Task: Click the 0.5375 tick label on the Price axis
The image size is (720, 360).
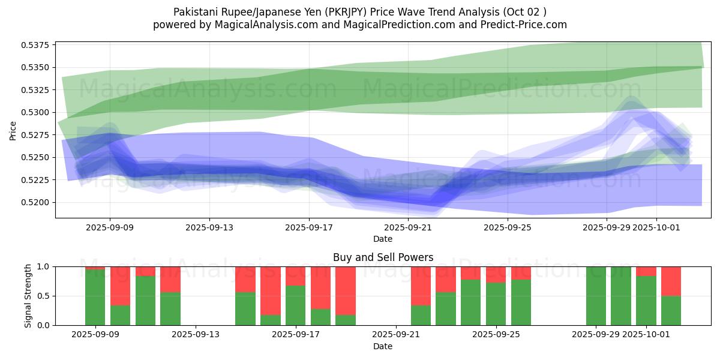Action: coord(37,45)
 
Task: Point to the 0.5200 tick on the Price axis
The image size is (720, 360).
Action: coord(37,202)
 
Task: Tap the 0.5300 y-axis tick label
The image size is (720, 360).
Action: coord(37,112)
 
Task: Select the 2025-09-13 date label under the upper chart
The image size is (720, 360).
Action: coord(209,227)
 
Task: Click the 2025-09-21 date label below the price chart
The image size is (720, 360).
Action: coord(408,227)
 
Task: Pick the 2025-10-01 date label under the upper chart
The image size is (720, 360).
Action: coord(656,227)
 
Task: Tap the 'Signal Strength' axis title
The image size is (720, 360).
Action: coord(28,295)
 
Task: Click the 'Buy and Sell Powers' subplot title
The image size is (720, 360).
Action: coord(383,257)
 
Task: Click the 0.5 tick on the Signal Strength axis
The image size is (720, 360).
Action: coord(43,296)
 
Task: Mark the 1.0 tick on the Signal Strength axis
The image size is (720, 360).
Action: coord(43,266)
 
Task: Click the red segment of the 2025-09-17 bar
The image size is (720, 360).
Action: coord(295,276)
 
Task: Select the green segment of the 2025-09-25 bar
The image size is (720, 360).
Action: coord(496,304)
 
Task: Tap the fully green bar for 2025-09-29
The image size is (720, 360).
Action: coord(596,296)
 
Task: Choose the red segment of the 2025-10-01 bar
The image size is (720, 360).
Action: coord(646,271)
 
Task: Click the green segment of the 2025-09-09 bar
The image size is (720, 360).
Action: coord(95,297)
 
